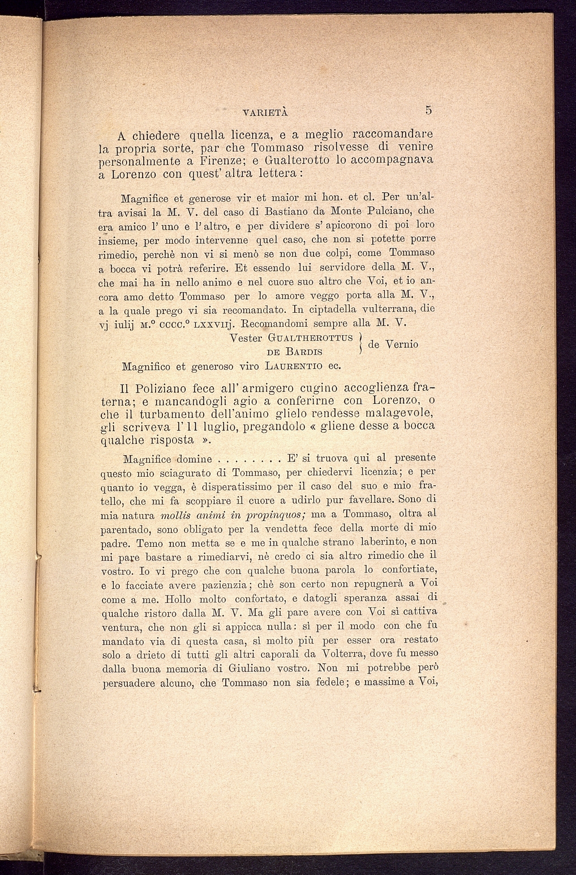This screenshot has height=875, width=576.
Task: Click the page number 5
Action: [429, 110]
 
